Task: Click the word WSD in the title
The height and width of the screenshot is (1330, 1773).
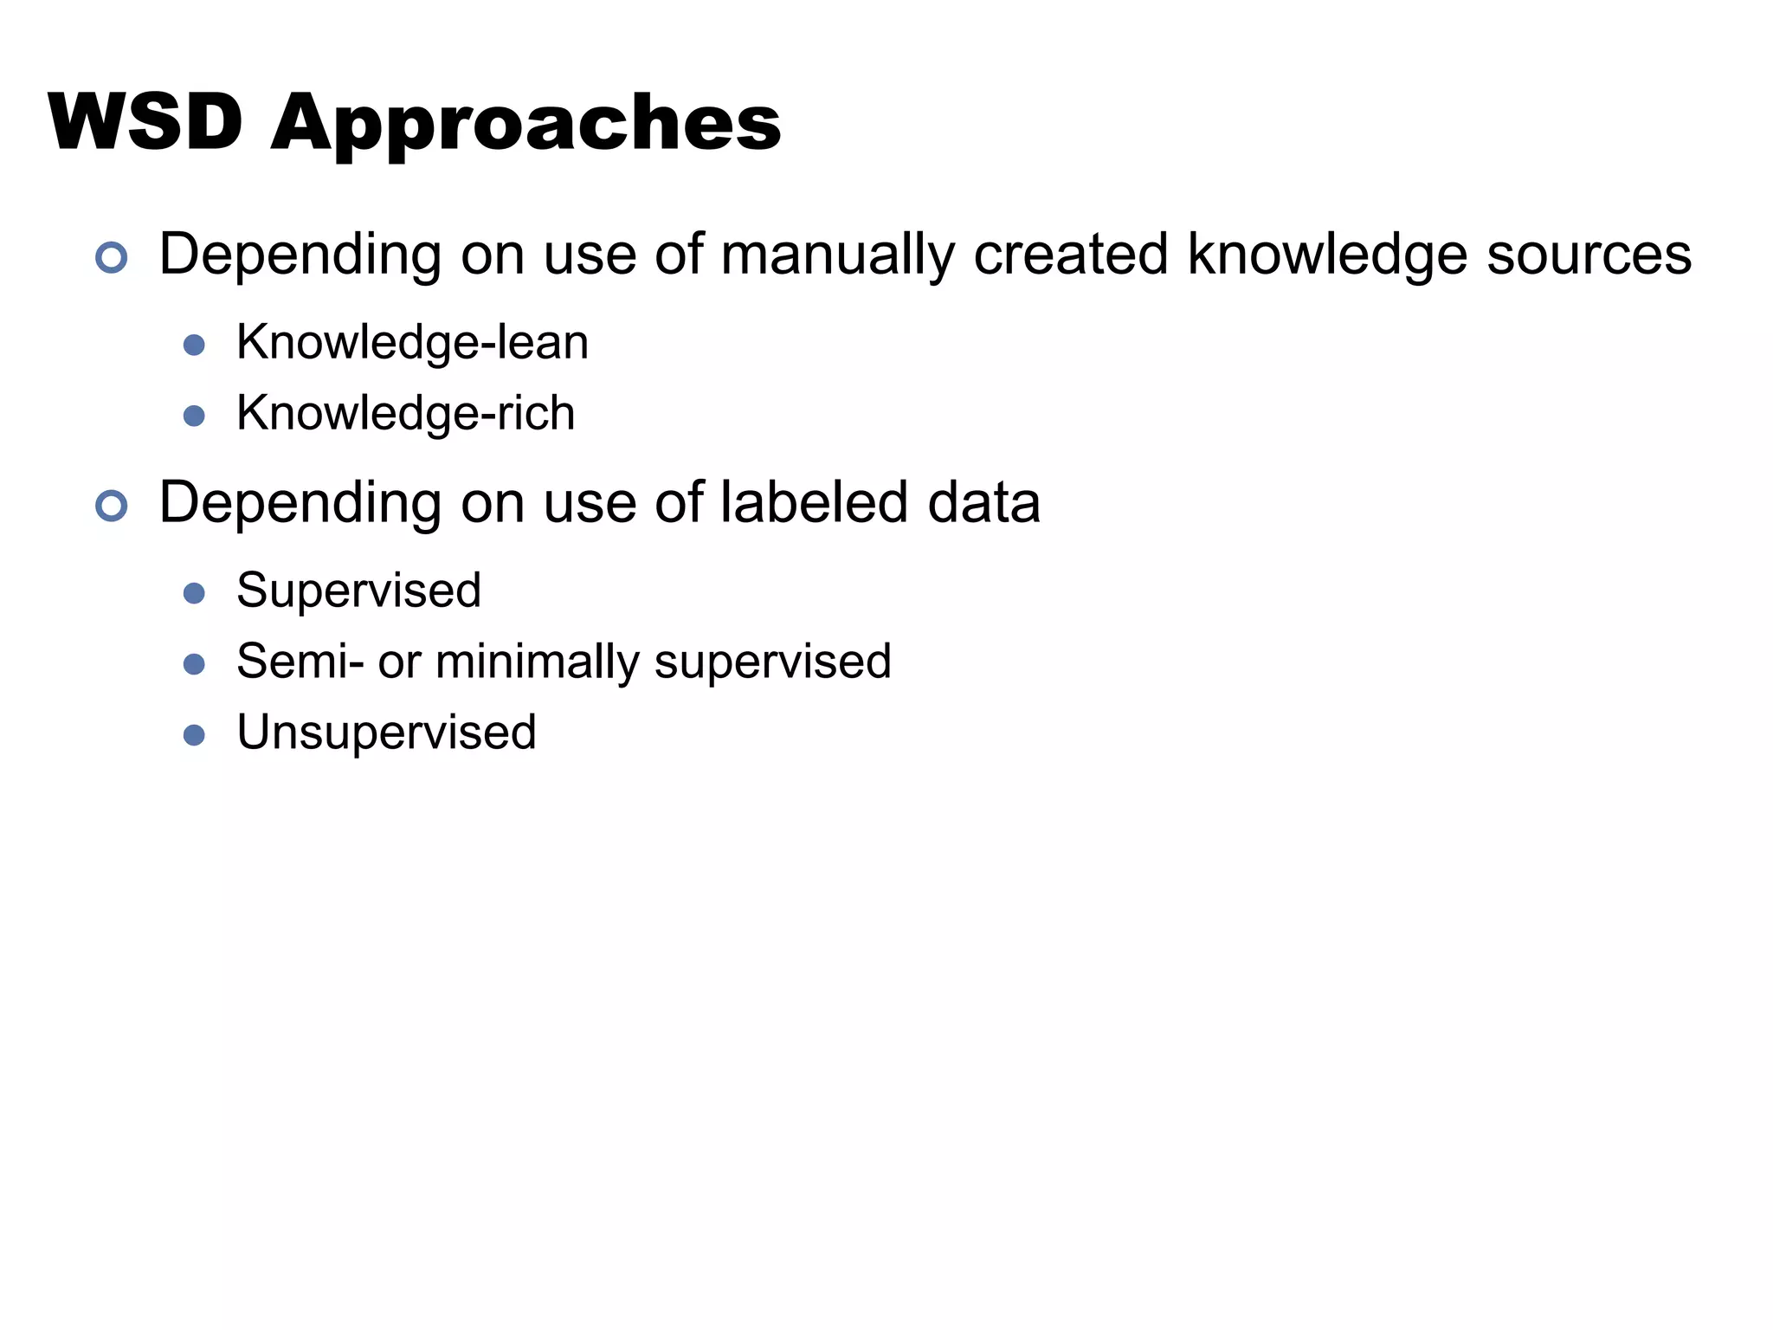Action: tap(145, 122)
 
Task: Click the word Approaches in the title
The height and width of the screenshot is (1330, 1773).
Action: tap(526, 126)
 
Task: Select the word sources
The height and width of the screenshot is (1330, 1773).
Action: tap(1589, 255)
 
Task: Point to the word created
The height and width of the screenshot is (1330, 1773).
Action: tap(1070, 255)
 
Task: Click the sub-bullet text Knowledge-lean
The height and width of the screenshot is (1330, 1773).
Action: tap(412, 343)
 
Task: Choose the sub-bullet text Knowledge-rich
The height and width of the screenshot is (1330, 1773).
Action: tap(405, 414)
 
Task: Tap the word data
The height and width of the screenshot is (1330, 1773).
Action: tap(983, 503)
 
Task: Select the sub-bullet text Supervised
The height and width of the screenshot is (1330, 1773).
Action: tap(358, 591)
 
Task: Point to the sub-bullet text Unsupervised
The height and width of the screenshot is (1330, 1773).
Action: tap(386, 733)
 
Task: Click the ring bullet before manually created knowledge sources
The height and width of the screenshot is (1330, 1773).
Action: tap(112, 257)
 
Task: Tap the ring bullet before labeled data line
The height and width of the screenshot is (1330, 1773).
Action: tap(112, 506)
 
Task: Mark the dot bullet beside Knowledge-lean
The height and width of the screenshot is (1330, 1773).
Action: tap(194, 345)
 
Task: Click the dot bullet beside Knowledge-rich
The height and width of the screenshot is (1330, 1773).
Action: tap(194, 416)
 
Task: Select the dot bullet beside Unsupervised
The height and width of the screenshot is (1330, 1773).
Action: tap(194, 736)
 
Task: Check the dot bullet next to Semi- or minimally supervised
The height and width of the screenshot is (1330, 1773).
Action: tap(194, 665)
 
